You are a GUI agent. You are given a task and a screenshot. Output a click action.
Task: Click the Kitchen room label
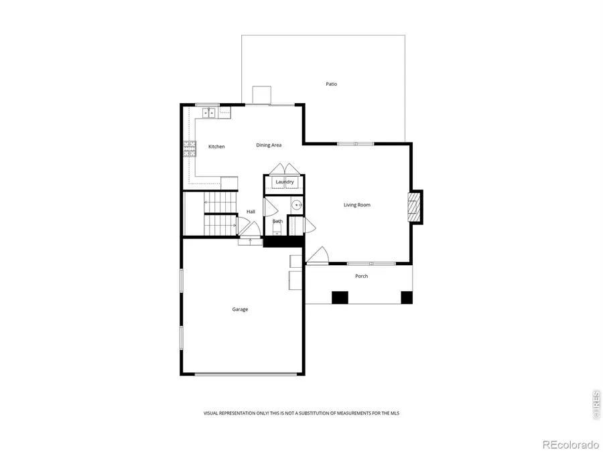click(216, 146)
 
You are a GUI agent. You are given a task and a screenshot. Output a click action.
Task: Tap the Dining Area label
click(269, 145)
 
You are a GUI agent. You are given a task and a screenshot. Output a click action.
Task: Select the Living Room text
click(352, 205)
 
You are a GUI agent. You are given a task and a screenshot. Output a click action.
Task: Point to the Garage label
click(240, 309)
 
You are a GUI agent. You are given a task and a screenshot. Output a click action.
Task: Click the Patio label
click(331, 84)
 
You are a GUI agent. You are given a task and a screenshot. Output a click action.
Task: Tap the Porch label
click(361, 276)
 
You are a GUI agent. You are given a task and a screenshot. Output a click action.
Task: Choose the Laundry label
click(285, 182)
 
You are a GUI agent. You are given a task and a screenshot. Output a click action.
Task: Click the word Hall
click(251, 212)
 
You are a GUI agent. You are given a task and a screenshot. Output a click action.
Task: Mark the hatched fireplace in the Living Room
click(415, 208)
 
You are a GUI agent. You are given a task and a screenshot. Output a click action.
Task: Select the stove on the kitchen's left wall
click(190, 149)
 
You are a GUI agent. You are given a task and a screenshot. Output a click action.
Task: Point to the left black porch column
click(340, 297)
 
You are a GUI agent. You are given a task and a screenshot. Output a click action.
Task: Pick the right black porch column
click(406, 297)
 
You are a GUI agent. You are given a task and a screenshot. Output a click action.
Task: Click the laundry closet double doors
click(285, 168)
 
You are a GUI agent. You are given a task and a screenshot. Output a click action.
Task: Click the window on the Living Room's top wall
click(356, 143)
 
